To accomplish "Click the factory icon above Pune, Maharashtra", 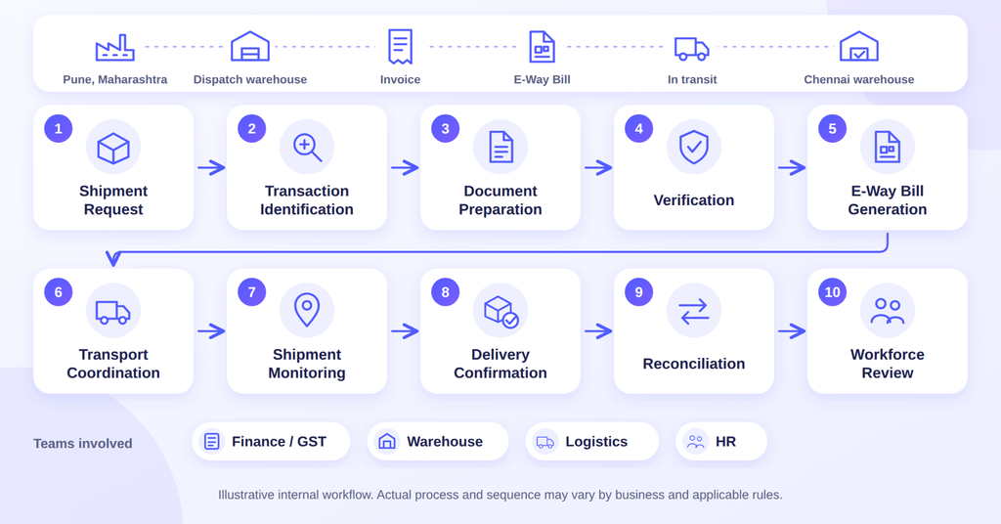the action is pos(115,48).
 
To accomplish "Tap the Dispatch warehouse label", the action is pos(250,79).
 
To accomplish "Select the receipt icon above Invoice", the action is pos(400,47).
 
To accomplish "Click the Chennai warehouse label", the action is pos(858,79).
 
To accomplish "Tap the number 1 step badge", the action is pos(58,129).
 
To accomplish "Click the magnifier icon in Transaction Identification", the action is pos(307,148).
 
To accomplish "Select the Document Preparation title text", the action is pos(500,199).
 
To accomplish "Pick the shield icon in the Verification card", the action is pos(694,148).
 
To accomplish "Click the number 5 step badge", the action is pos(833,129).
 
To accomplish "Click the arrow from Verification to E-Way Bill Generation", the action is pos(792,168).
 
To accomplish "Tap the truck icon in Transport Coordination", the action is pos(113,312).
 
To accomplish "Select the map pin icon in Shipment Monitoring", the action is pos(307,310).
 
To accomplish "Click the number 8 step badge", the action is pos(446,292).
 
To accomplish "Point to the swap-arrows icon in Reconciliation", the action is pos(694,311).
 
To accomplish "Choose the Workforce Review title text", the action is pos(888,363).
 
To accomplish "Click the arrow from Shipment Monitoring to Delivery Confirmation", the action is pos(405,331).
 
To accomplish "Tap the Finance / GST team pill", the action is pos(272,441).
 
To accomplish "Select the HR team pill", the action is pos(721,441).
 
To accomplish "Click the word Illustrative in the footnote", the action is pos(243,495).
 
